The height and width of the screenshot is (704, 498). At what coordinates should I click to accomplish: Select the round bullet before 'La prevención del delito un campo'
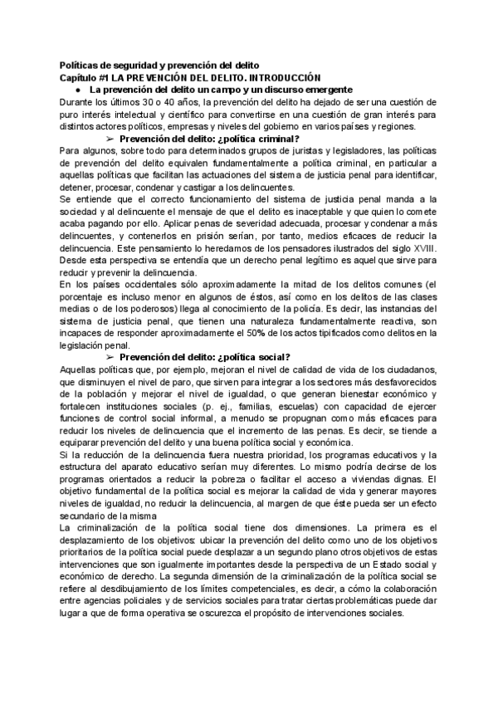pos(76,90)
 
